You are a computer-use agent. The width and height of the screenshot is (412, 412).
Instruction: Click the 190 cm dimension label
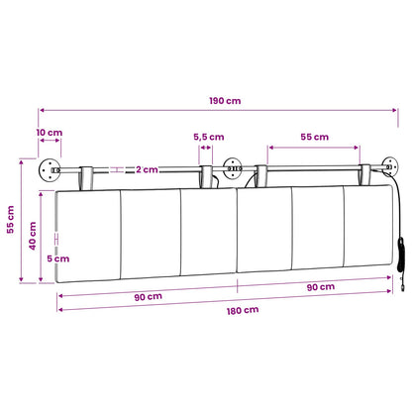pyautogui.click(x=225, y=101)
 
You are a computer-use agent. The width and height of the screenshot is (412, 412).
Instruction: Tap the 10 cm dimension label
pyautogui.click(x=50, y=133)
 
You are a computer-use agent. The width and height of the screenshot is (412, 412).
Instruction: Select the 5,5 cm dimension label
pyautogui.click(x=209, y=137)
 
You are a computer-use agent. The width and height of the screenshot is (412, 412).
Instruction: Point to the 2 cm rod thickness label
pyautogui.click(x=147, y=169)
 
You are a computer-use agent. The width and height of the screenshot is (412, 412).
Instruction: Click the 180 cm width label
pyautogui.click(x=243, y=311)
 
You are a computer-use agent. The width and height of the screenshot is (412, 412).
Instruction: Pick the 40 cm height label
pyautogui.click(x=33, y=236)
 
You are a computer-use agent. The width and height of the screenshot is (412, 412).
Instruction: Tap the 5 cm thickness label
pyautogui.click(x=58, y=258)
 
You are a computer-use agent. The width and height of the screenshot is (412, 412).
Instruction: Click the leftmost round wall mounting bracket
pyautogui.click(x=50, y=169)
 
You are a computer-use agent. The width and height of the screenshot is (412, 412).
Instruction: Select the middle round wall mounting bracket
pyautogui.click(x=233, y=168)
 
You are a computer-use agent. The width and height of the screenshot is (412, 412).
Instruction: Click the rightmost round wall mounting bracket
pyautogui.click(x=390, y=166)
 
